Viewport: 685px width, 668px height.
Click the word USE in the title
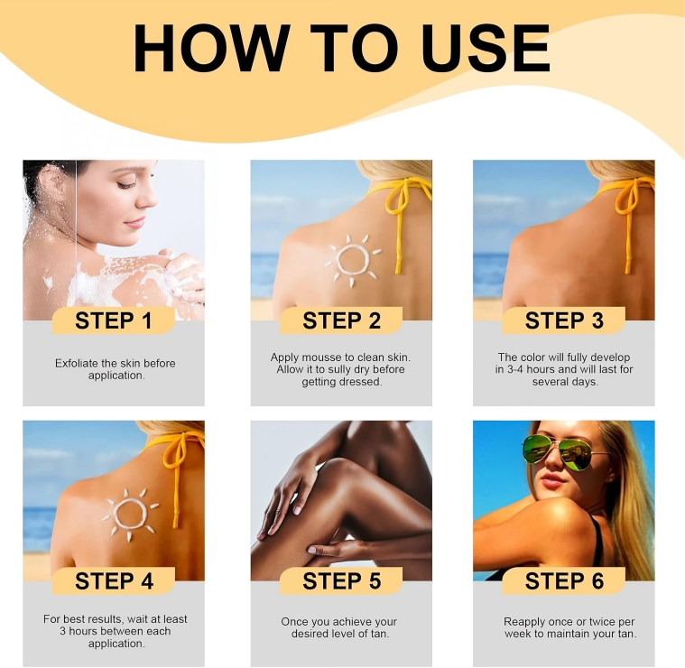tap(485, 48)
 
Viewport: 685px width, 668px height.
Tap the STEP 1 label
tap(114, 320)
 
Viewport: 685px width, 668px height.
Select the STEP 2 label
tap(342, 320)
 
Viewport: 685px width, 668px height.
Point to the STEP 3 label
tap(564, 320)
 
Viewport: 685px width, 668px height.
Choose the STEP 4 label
tap(114, 581)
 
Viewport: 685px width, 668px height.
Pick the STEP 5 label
tap(342, 581)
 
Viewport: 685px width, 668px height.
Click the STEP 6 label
tap(564, 581)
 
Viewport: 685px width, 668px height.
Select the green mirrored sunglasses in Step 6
tap(558, 452)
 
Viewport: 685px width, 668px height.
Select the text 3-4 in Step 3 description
tap(515, 369)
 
